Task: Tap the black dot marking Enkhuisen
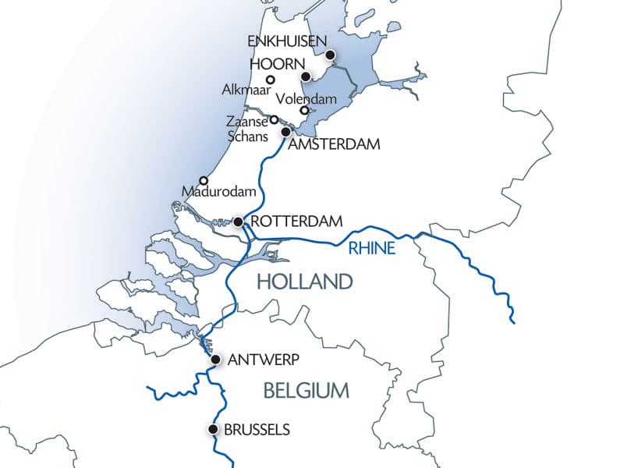click(x=331, y=55)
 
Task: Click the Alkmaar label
click(x=244, y=91)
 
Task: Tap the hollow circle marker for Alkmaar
click(x=271, y=80)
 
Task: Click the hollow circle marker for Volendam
click(x=304, y=110)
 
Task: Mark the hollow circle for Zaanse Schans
click(x=274, y=119)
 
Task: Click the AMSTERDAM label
click(x=334, y=145)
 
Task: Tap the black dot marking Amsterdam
click(x=286, y=132)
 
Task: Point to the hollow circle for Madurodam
click(x=204, y=180)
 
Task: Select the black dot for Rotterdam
click(x=237, y=222)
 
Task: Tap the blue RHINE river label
click(x=373, y=250)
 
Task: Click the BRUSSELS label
click(x=257, y=429)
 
